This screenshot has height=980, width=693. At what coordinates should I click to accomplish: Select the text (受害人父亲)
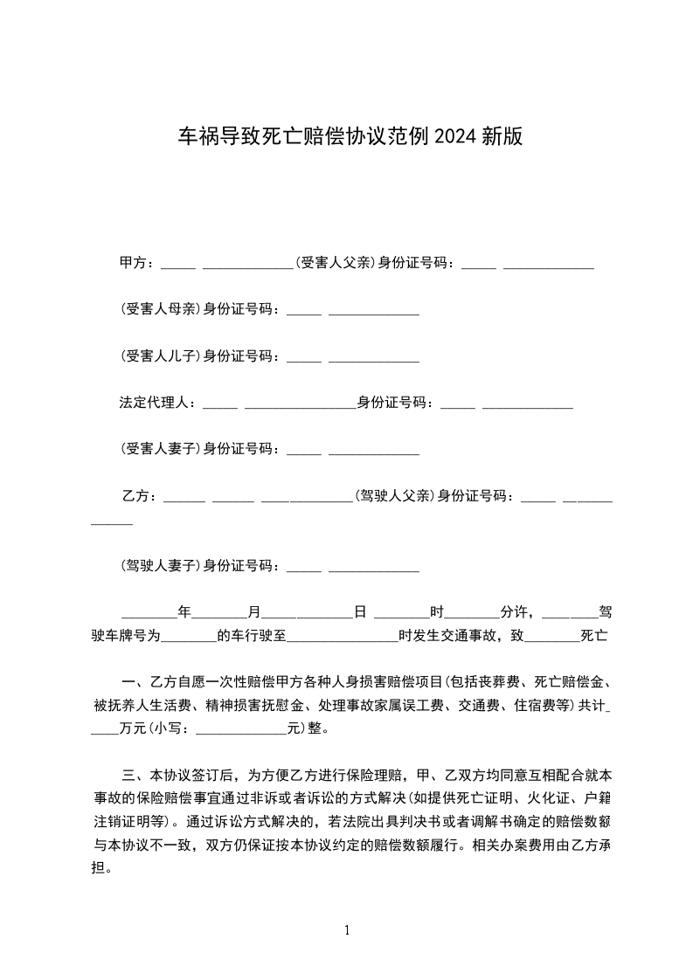pyautogui.click(x=336, y=263)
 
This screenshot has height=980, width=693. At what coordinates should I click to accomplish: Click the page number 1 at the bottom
pyautogui.click(x=347, y=931)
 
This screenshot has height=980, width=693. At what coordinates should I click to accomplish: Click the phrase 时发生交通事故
pyautogui.click(x=446, y=637)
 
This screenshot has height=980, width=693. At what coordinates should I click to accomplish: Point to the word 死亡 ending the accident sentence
pyautogui.click(x=594, y=637)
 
